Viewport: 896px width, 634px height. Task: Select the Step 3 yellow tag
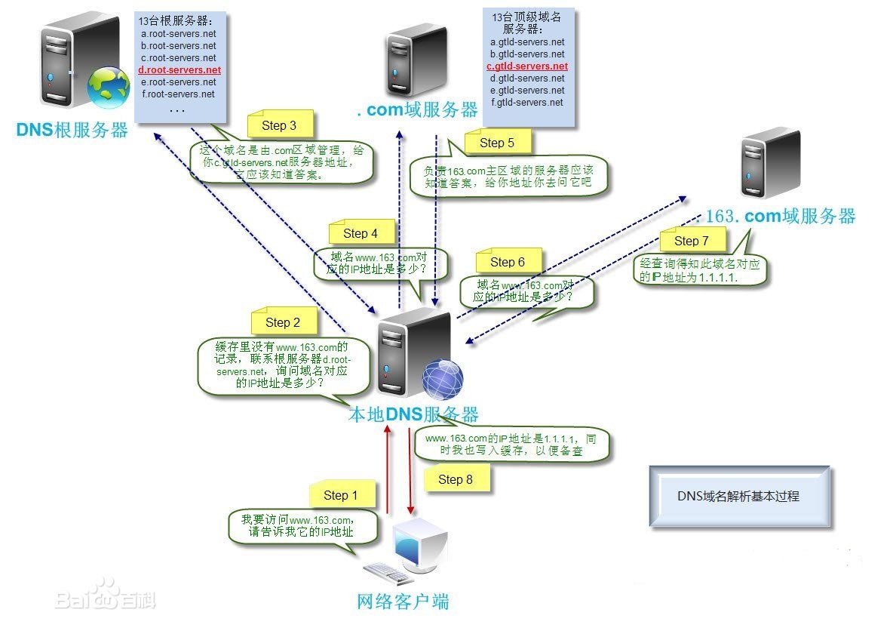pyautogui.click(x=278, y=125)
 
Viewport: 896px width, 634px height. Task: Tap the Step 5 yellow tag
pyautogui.click(x=496, y=142)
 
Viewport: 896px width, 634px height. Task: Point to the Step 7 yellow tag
pyautogui.click(x=691, y=240)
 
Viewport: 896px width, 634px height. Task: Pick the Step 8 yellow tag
pyautogui.click(x=455, y=479)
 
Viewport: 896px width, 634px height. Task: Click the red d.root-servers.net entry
pyautogui.click(x=180, y=69)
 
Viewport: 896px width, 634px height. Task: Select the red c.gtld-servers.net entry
pyautogui.click(x=527, y=66)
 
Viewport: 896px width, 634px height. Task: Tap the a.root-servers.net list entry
pyautogui.click(x=178, y=34)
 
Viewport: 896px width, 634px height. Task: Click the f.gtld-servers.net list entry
pyautogui.click(x=527, y=102)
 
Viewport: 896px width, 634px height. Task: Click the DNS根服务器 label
pyautogui.click(x=72, y=129)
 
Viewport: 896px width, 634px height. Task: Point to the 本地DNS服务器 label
pyautogui.click(x=413, y=414)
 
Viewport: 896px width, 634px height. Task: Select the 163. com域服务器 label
pyautogui.click(x=780, y=217)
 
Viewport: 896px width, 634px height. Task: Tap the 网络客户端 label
pyautogui.click(x=403, y=602)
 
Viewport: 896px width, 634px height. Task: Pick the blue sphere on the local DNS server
pyautogui.click(x=442, y=379)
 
